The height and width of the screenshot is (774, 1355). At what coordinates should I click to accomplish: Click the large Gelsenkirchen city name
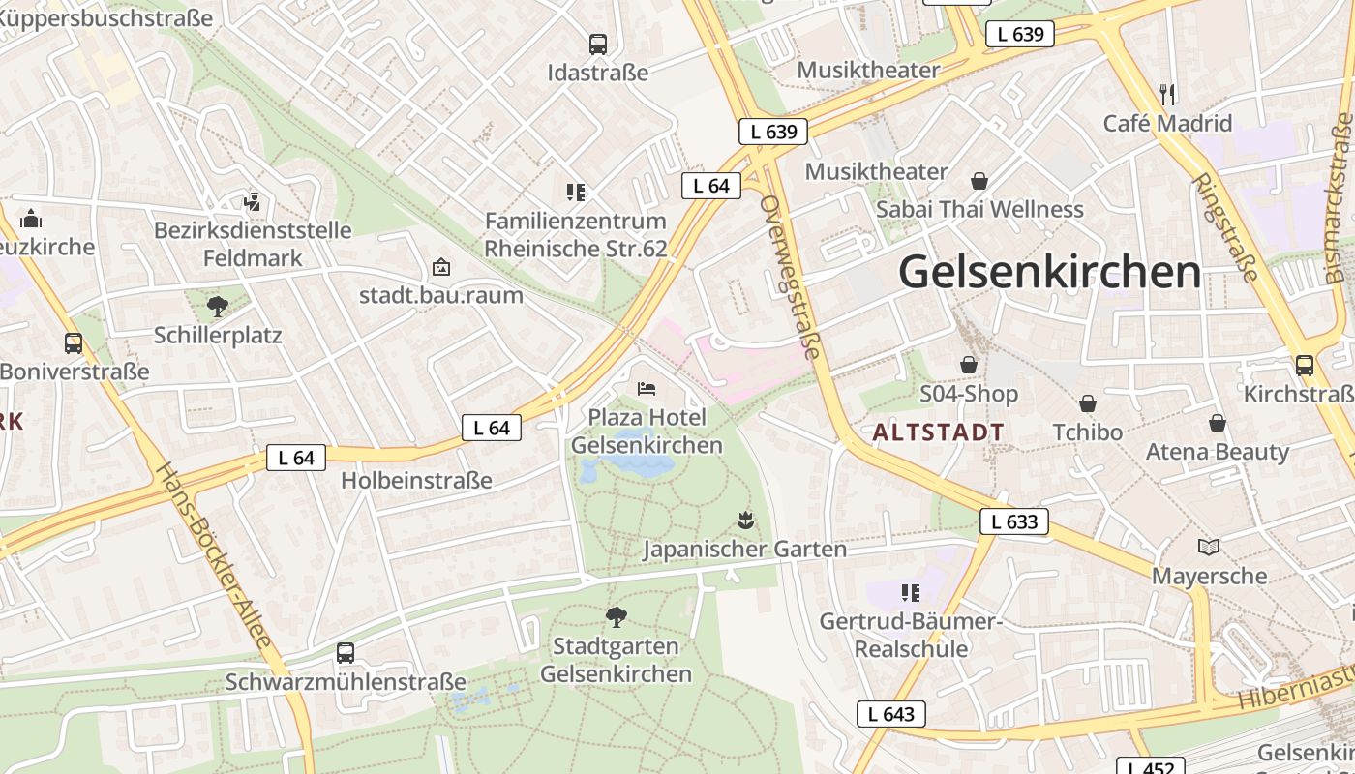(1049, 272)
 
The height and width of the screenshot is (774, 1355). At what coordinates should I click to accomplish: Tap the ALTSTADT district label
(938, 432)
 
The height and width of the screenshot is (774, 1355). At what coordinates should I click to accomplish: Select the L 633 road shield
(1013, 522)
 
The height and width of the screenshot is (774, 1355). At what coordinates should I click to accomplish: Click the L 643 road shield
(890, 715)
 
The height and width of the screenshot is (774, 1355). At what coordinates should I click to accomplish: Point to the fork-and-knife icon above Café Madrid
(1167, 94)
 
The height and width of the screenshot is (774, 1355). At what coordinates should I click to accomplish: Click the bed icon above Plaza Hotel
(647, 389)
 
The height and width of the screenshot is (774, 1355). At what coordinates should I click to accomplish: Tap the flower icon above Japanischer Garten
(744, 521)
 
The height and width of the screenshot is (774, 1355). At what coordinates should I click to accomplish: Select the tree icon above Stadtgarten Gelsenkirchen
(616, 616)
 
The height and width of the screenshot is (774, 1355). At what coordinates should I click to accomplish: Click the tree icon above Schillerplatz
(218, 307)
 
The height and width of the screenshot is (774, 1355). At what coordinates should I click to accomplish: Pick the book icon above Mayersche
(1209, 548)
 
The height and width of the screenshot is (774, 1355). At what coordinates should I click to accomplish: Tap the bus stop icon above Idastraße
(598, 45)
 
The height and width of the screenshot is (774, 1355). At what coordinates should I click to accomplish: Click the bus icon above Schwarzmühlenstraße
(346, 653)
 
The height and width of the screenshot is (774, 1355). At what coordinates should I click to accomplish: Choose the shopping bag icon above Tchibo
(1088, 403)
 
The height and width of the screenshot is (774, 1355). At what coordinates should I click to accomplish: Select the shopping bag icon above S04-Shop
(969, 365)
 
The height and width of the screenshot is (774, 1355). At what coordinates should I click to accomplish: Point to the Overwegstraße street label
(791, 277)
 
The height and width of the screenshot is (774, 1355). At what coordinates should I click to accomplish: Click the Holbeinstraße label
(416, 481)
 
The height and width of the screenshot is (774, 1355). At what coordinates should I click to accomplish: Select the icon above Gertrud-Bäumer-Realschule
(909, 592)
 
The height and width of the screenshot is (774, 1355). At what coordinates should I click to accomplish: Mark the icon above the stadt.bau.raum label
(441, 266)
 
